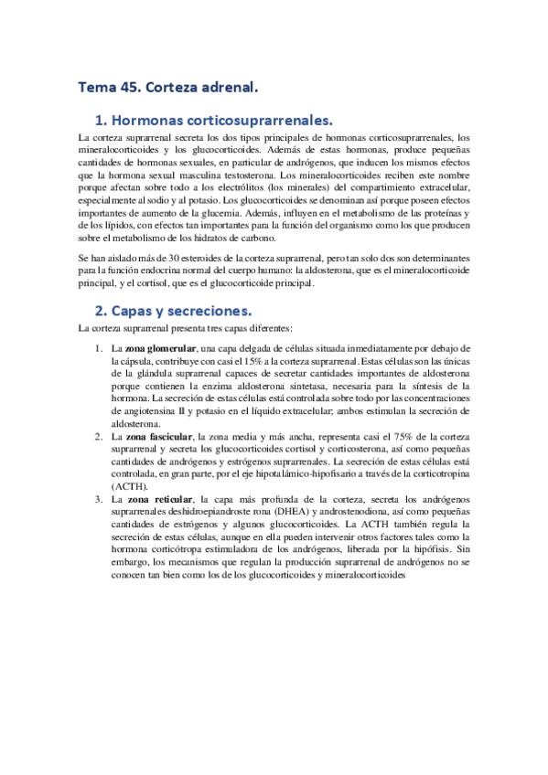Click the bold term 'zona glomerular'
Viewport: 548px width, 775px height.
pos(162,349)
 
